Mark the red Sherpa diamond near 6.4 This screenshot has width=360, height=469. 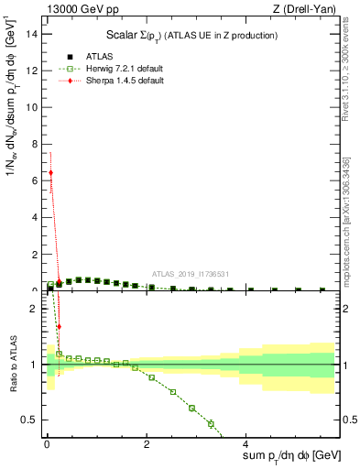pyautogui.click(x=50, y=172)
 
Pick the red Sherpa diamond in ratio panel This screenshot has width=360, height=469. pyautogui.click(x=59, y=326)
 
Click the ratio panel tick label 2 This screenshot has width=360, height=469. pyautogui.click(x=32, y=309)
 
